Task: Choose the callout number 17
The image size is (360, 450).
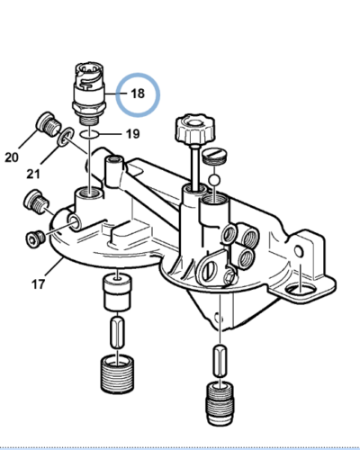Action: (x=39, y=286)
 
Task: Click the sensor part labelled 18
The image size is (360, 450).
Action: (x=89, y=90)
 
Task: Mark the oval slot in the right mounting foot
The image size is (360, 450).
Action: (x=303, y=288)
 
